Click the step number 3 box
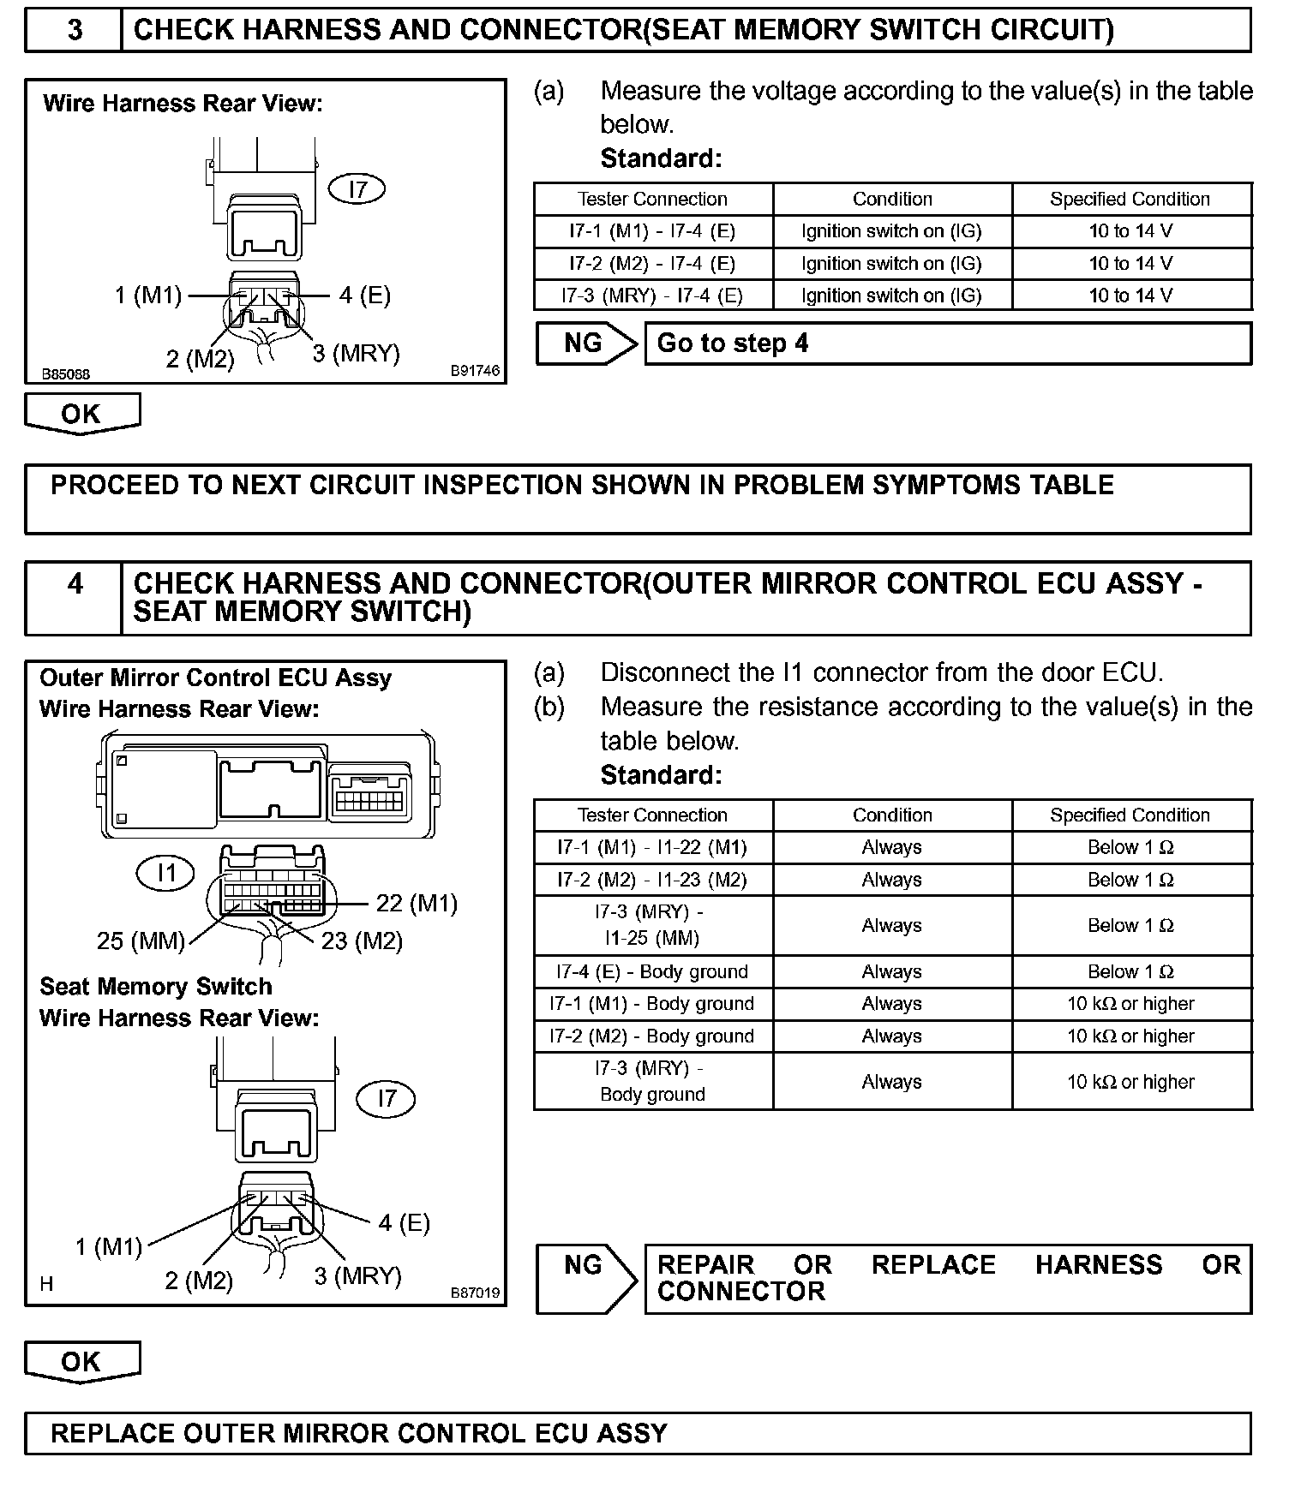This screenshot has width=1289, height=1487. point(75,30)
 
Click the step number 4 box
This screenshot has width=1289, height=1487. point(75,597)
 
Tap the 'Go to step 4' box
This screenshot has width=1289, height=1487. point(947,343)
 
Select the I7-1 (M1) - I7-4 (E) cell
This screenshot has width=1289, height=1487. point(652,231)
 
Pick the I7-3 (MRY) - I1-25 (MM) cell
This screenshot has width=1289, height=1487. point(652,925)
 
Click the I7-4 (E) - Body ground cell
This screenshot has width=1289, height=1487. point(652,971)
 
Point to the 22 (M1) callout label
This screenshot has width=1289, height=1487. point(417,903)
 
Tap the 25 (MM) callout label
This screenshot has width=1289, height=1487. point(141,941)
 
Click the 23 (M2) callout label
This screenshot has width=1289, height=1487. point(362,941)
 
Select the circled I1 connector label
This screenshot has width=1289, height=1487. point(165,873)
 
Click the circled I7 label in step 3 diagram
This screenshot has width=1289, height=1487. point(357,188)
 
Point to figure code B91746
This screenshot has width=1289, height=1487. point(475,371)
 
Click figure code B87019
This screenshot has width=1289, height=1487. point(475,1293)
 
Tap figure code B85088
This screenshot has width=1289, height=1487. point(66,374)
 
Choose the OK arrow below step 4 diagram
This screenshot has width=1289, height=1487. point(81,1362)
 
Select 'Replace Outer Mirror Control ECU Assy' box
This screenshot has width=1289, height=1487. point(638,1433)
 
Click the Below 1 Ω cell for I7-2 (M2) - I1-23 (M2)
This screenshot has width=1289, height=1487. point(1130,880)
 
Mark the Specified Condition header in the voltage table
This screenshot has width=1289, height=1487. point(1130,199)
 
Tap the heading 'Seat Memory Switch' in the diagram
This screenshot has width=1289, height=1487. point(156,987)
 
